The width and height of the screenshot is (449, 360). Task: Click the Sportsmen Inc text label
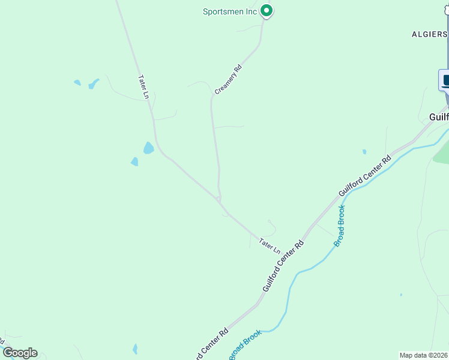[x=230, y=11]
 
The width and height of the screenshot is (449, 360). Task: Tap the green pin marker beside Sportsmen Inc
[x=267, y=11]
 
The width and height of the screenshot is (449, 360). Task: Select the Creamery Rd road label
[x=228, y=79]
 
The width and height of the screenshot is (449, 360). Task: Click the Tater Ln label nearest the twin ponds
[x=143, y=86]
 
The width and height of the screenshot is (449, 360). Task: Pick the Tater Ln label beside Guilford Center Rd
[x=270, y=245]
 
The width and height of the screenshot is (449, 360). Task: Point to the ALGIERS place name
[x=429, y=34]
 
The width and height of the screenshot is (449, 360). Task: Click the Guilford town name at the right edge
[x=439, y=116]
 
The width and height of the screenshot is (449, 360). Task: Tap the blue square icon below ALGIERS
[x=445, y=80]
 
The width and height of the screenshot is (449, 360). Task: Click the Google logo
[x=20, y=353]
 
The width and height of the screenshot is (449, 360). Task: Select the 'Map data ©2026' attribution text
[x=424, y=355]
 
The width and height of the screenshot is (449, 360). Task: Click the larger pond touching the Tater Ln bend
[x=148, y=148]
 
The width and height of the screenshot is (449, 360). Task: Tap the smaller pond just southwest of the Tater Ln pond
[x=134, y=161]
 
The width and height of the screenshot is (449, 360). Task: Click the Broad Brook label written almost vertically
[x=339, y=226]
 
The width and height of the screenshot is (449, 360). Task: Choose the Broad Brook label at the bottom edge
[x=245, y=345]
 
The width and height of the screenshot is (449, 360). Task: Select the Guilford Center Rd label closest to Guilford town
[x=365, y=175]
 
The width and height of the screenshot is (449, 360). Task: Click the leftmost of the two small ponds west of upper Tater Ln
[x=77, y=82]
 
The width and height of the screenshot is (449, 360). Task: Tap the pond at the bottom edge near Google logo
[x=135, y=349]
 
